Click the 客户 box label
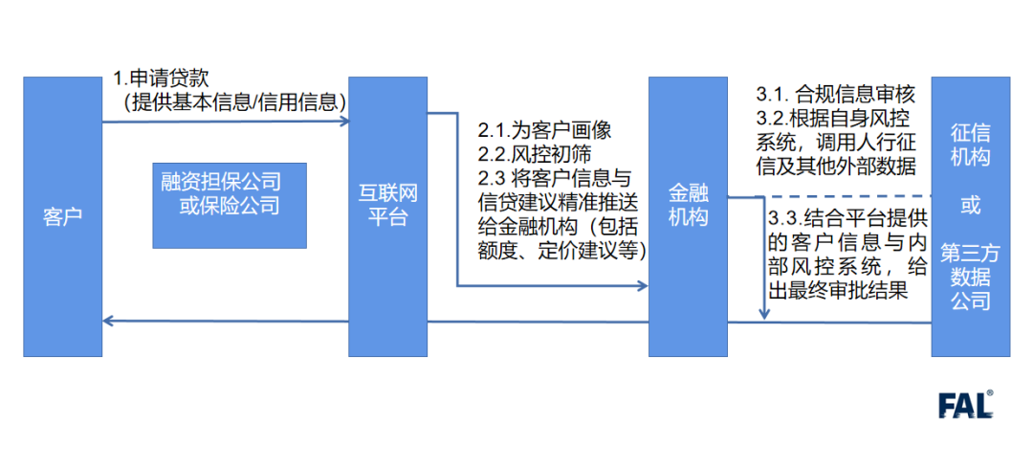62,217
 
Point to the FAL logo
965,405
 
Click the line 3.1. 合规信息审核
836,95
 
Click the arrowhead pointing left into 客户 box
108,322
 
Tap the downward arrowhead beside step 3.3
764,314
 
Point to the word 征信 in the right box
971,134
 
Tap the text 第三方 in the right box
971,254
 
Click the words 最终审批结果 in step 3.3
855,288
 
